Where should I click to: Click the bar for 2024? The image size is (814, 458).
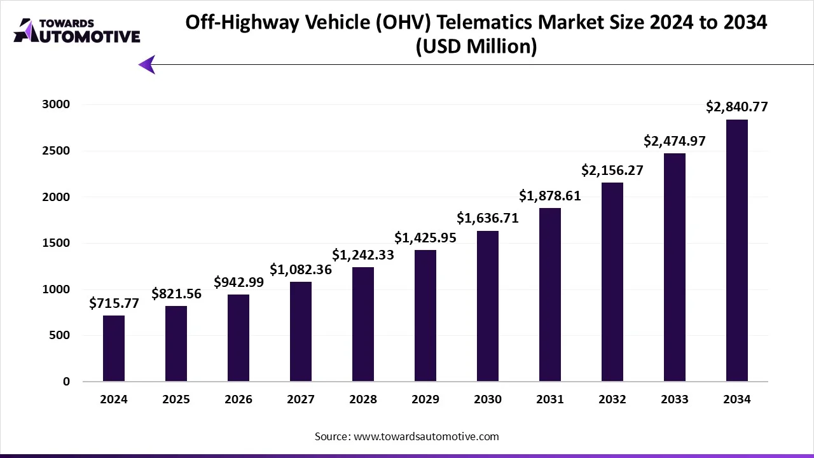[x=114, y=349]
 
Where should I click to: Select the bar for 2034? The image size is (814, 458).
[x=736, y=251]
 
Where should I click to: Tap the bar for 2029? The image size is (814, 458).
[x=425, y=316]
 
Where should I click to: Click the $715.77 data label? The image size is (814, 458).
[x=114, y=304]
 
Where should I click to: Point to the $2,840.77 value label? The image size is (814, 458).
[x=736, y=108]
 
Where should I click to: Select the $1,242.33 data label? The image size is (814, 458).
[x=363, y=255]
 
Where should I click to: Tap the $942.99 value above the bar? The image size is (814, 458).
[x=238, y=282]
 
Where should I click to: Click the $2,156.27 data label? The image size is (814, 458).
[x=612, y=170]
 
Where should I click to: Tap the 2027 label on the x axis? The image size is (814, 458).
[x=301, y=399]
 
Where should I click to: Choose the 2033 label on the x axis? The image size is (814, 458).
[x=674, y=399]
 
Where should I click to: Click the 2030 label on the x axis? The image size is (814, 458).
[x=488, y=399]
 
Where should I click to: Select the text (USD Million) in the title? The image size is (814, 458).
[x=476, y=47]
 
